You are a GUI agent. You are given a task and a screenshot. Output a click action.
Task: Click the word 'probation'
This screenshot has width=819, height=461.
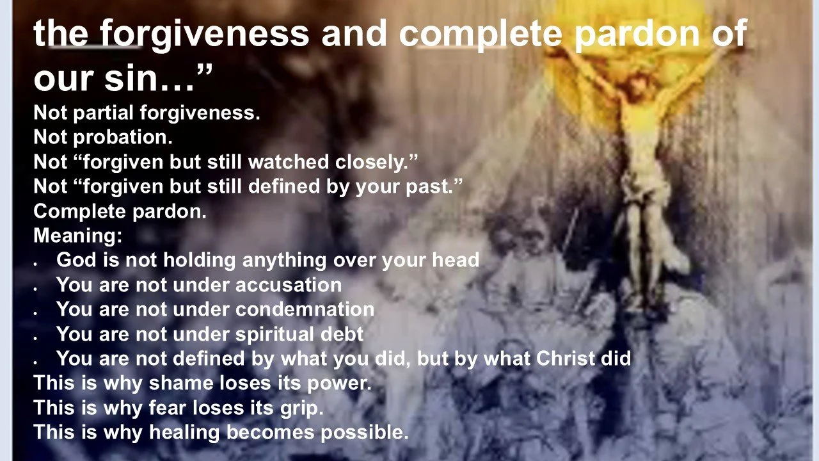[128, 137]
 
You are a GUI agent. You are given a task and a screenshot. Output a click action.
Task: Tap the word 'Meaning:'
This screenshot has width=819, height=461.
[77, 236]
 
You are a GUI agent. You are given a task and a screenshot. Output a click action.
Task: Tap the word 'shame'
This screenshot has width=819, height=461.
[172, 383]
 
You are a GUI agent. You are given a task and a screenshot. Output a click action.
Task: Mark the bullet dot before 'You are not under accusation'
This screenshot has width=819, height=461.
[37, 286]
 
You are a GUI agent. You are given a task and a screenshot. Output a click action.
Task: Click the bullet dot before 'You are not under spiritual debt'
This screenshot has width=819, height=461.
[37, 336]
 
